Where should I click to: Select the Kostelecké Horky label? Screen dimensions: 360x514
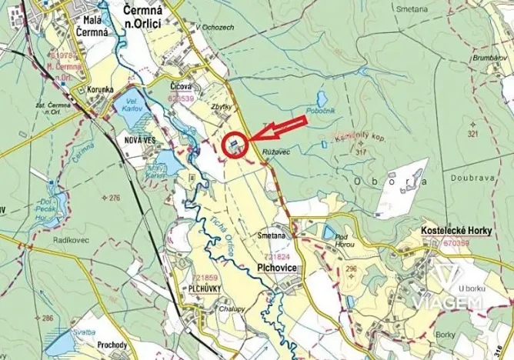point(456,230)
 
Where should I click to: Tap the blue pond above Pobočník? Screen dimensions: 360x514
point(321,99)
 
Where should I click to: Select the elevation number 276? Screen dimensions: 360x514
point(114,198)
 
